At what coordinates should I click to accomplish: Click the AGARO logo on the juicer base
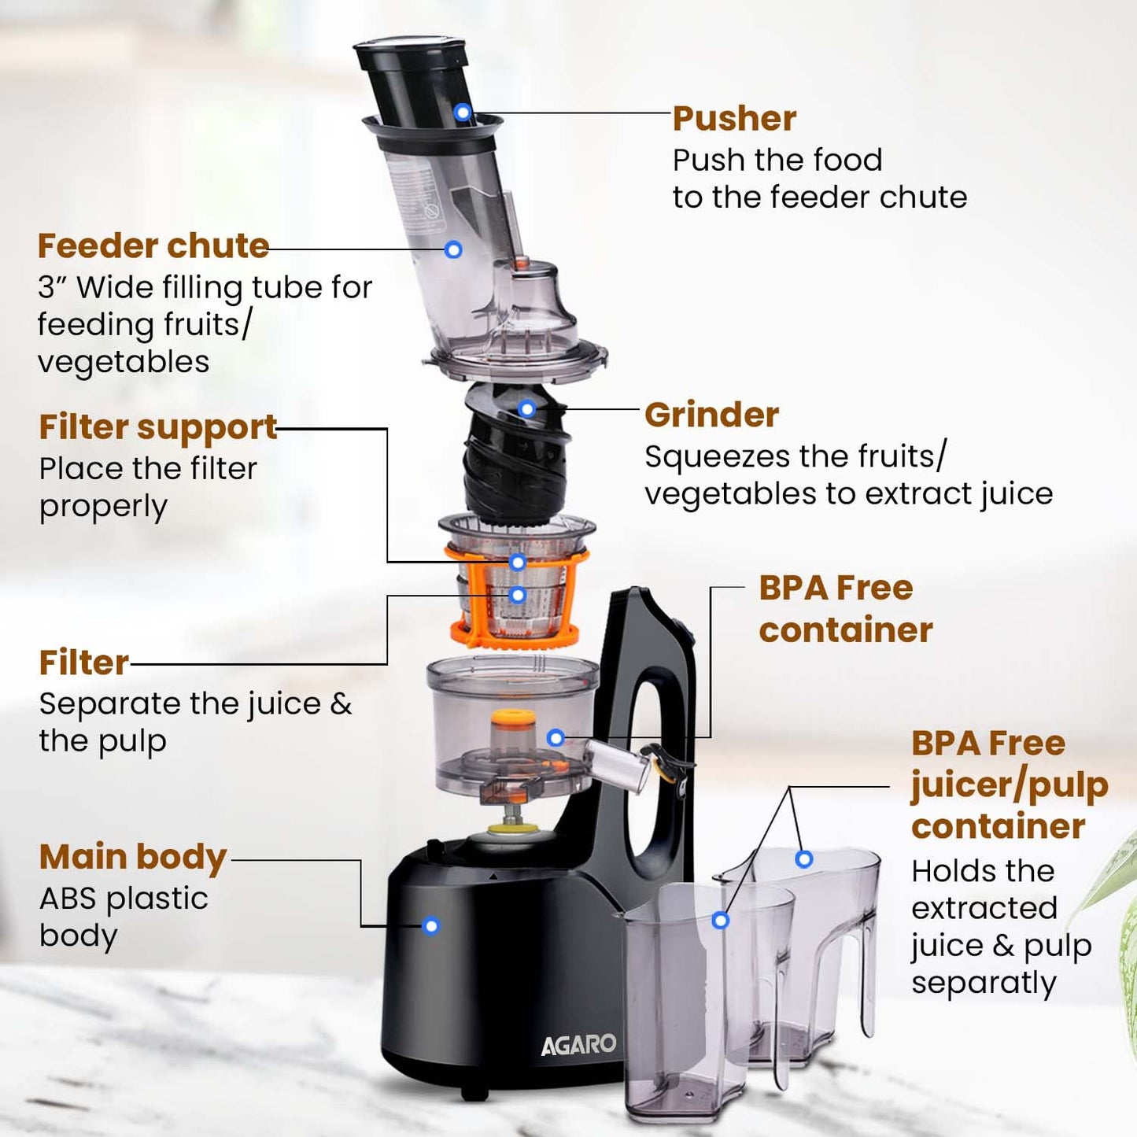pyautogui.click(x=578, y=1044)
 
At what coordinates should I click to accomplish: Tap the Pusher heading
pyautogui.click(x=734, y=119)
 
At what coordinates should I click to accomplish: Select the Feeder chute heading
pyautogui.click(x=153, y=245)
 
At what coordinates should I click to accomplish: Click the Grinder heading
pyautogui.click(x=711, y=415)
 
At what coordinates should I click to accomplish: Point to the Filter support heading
pyautogui.click(x=158, y=427)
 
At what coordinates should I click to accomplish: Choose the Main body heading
pyautogui.click(x=133, y=857)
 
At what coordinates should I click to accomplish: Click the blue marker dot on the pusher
pyautogui.click(x=463, y=113)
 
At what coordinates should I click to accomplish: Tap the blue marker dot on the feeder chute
pyautogui.click(x=453, y=249)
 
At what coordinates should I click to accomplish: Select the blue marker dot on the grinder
pyautogui.click(x=527, y=408)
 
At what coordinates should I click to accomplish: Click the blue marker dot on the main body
pyautogui.click(x=430, y=926)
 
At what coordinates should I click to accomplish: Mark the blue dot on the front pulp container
pyautogui.click(x=720, y=920)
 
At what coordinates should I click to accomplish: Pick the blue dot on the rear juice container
pyautogui.click(x=803, y=859)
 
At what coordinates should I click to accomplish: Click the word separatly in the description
pyautogui.click(x=984, y=983)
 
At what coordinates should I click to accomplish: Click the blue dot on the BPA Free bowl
pyautogui.click(x=556, y=737)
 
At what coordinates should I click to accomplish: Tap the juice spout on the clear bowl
pyautogui.click(x=618, y=763)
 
